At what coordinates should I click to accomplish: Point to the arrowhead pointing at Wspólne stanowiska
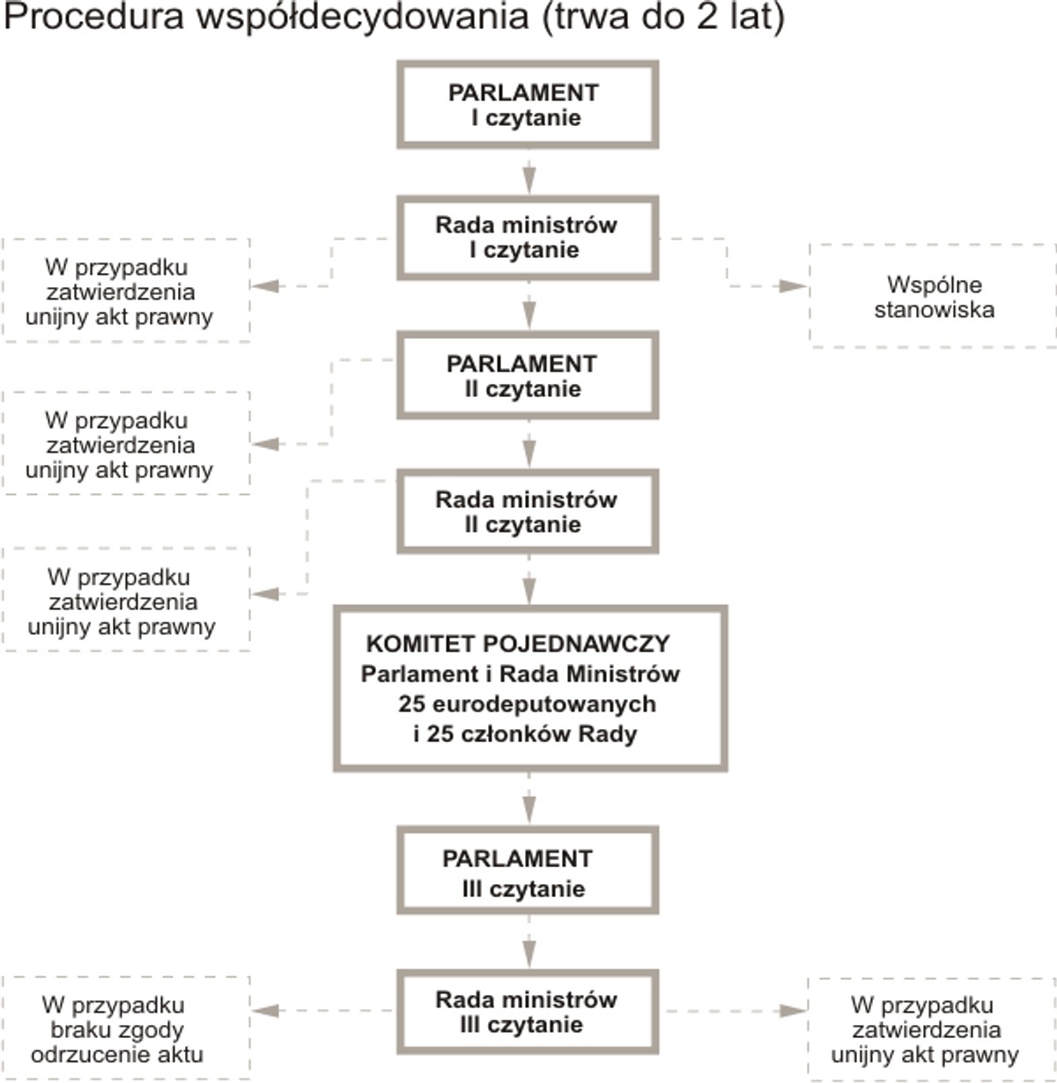click(x=793, y=286)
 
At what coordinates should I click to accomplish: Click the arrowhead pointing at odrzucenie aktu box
click(x=265, y=1011)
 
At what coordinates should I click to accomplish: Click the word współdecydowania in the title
click(x=363, y=17)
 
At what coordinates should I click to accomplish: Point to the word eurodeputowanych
click(x=543, y=704)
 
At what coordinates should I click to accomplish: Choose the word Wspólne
click(x=934, y=284)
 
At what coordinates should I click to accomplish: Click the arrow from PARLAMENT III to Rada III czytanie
click(x=528, y=942)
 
